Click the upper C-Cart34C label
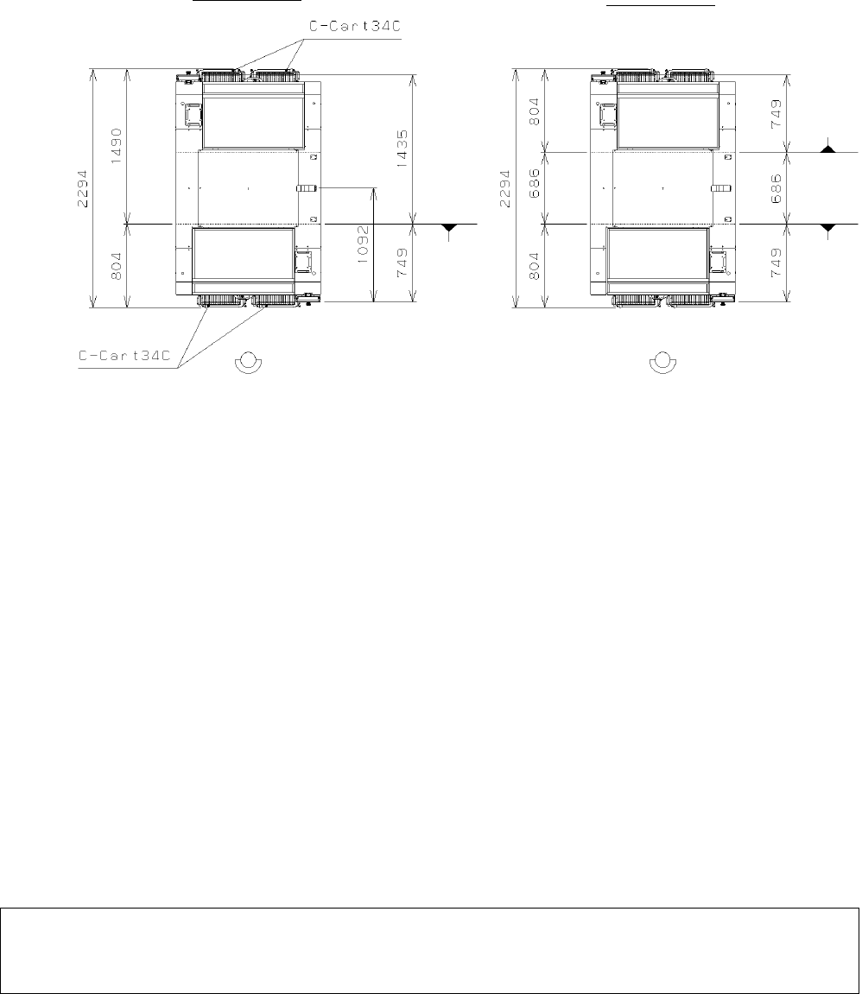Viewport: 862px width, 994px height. [x=355, y=28]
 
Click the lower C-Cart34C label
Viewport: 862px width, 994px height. [x=125, y=356]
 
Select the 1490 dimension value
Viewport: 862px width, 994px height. [x=117, y=146]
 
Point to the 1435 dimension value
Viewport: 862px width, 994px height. [x=402, y=149]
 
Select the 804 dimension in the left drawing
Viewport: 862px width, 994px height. [x=117, y=266]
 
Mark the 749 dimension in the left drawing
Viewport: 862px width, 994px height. [x=402, y=263]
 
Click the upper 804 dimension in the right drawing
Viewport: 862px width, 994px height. [x=534, y=111]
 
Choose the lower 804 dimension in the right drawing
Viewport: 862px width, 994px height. [x=534, y=266]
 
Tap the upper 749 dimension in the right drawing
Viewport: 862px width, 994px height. [x=776, y=114]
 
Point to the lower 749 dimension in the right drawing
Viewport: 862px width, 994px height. [x=776, y=263]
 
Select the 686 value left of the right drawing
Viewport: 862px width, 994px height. [x=534, y=182]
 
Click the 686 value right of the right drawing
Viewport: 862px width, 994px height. [x=776, y=188]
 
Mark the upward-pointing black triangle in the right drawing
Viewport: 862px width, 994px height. [x=828, y=149]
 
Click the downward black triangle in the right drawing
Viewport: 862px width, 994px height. [x=828, y=228]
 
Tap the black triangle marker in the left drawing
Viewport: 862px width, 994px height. [x=449, y=228]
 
